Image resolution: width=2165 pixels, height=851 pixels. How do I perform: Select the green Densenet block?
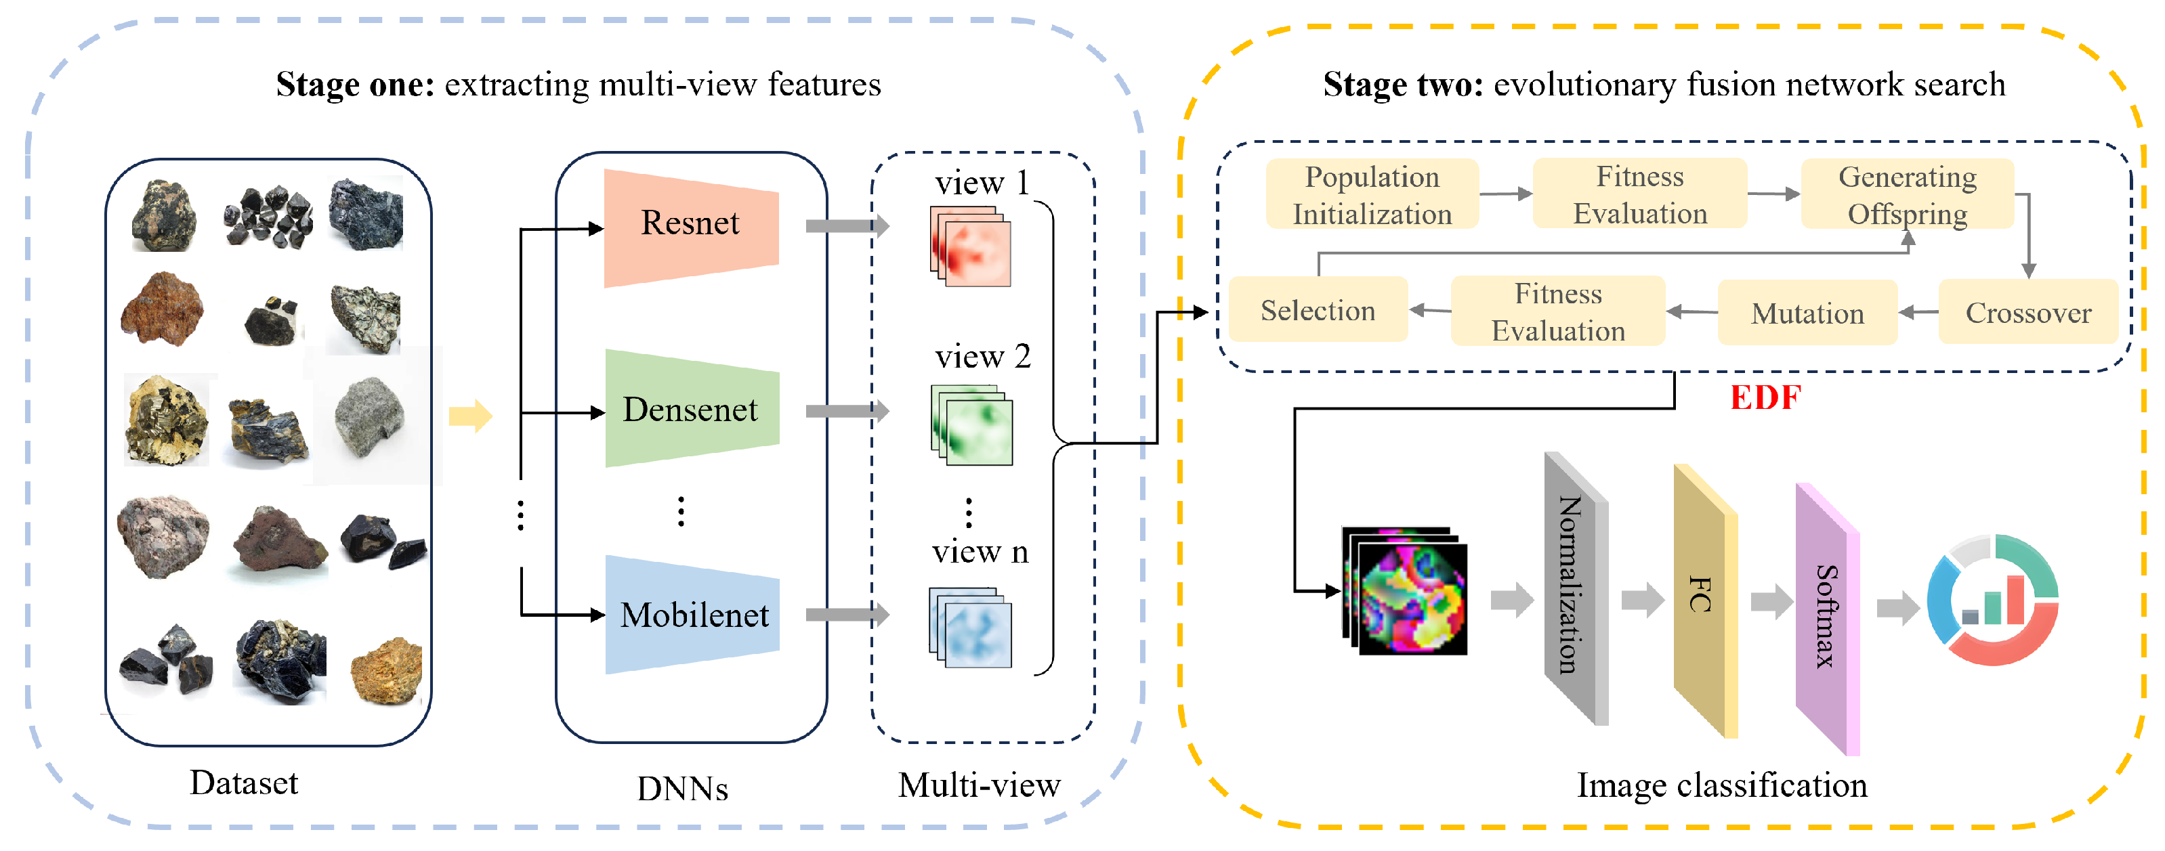[x=691, y=409]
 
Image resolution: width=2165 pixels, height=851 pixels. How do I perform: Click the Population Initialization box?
[x=1372, y=194]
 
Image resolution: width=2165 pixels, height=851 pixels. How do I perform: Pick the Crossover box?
[x=2027, y=313]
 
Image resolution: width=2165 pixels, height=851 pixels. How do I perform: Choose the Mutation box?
[x=1807, y=313]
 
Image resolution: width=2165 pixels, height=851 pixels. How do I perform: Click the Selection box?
[x=1317, y=310]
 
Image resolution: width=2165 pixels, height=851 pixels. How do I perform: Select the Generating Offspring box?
[x=1906, y=194]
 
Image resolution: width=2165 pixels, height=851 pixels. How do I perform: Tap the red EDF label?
[x=1765, y=397]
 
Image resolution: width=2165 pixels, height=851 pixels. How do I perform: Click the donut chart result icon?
[x=1992, y=599]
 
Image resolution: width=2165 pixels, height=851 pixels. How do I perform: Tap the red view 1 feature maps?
[x=971, y=248]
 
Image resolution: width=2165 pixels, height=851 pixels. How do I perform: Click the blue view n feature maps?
[x=971, y=628]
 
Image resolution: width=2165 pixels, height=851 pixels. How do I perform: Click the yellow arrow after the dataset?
[x=470, y=416]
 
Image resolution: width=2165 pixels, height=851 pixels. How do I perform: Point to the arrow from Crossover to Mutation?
[x=1918, y=313]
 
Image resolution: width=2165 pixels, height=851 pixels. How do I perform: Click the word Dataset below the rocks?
[x=244, y=782]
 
